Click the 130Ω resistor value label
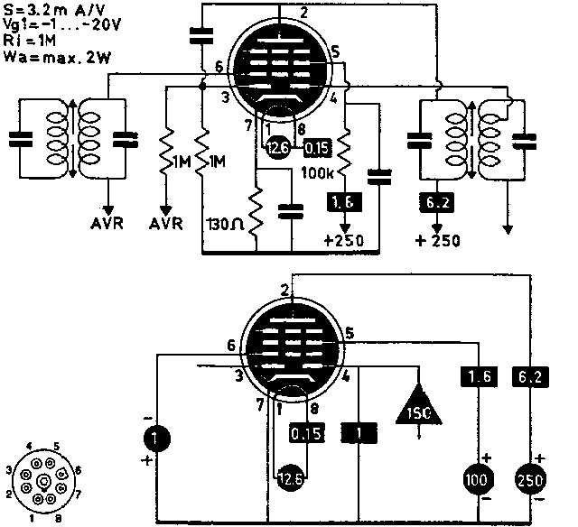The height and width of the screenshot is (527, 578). coord(223,223)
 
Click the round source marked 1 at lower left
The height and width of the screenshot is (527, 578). coord(155,439)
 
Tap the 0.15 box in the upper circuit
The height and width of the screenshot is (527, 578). coord(317,147)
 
